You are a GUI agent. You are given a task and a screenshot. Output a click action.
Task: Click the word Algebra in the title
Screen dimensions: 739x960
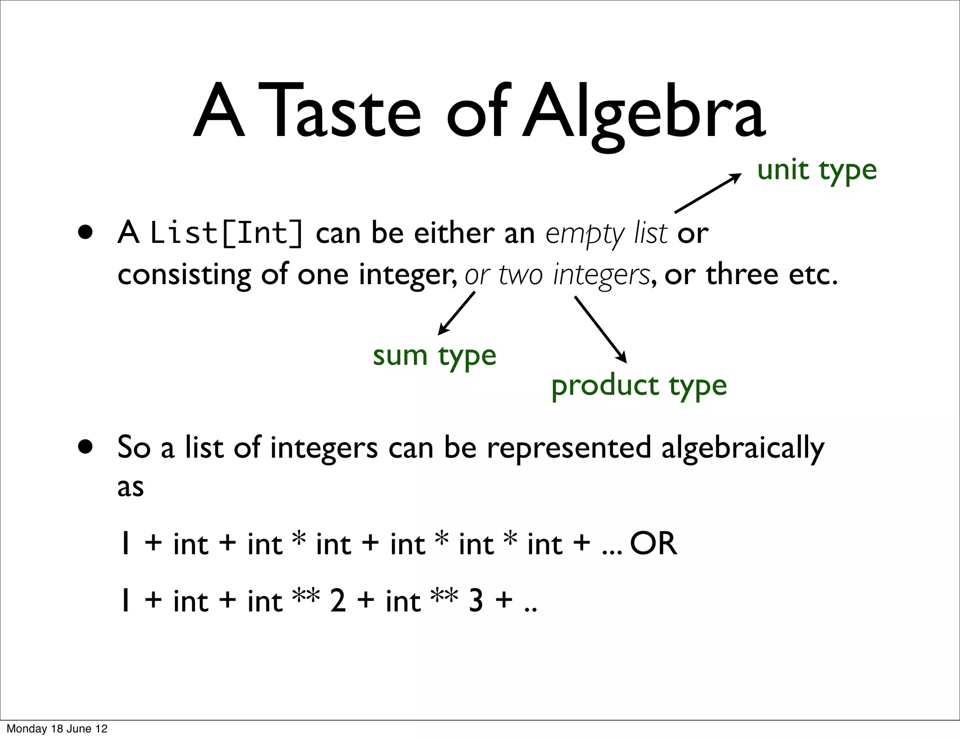pos(644,113)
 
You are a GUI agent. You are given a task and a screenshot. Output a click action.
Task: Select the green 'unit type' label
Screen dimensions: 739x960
pos(817,170)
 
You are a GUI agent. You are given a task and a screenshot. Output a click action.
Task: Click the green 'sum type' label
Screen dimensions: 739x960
pos(434,356)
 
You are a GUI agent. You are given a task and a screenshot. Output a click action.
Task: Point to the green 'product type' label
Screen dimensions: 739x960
pos(638,386)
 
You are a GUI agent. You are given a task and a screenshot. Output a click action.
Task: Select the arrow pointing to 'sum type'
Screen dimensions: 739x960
pos(456,313)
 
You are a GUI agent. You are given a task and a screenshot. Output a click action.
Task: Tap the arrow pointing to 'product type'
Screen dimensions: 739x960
pos(600,329)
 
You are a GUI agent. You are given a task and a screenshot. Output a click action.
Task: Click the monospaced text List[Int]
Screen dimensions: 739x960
pos(226,233)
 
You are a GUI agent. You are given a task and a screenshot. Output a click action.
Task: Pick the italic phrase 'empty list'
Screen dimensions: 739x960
pos(606,233)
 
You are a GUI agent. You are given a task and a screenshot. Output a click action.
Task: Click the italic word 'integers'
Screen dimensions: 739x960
pos(601,275)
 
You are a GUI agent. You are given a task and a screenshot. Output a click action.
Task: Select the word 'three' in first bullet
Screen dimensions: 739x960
pos(742,274)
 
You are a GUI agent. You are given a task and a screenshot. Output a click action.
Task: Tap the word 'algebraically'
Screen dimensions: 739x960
pos(742,448)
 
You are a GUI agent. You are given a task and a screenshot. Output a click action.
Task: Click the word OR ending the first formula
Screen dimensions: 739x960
pos(653,544)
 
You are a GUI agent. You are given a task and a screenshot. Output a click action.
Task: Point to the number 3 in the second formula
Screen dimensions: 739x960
pos(476,601)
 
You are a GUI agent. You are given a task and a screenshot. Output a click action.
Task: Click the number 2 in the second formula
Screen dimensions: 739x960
pos(338,601)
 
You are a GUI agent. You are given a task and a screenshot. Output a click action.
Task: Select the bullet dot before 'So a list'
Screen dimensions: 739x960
pos(86,447)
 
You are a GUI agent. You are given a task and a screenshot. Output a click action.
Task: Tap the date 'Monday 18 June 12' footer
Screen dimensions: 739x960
pos(57,729)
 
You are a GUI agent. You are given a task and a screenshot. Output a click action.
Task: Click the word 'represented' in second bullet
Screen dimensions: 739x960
pos(569,448)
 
